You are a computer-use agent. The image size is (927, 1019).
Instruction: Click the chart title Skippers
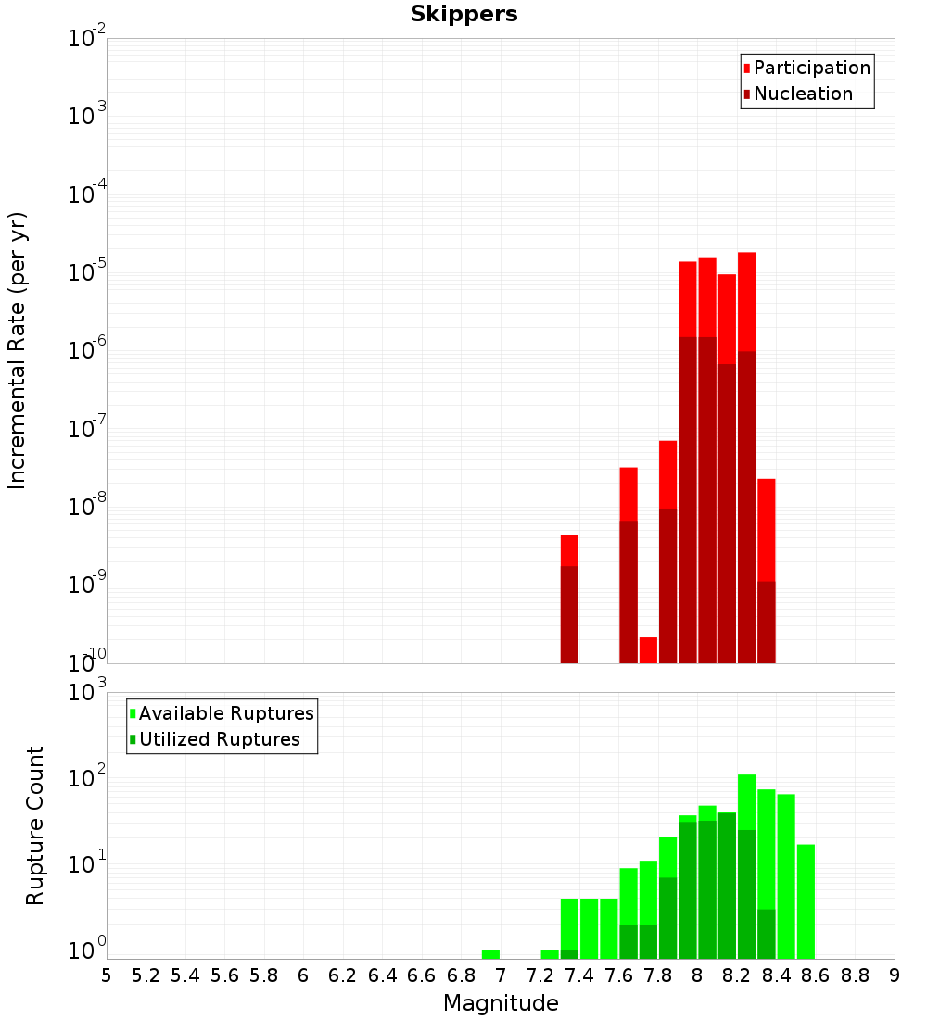point(463,15)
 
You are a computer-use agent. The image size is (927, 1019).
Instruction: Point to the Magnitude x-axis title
point(501,1003)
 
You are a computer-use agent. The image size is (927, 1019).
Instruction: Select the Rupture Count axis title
point(35,825)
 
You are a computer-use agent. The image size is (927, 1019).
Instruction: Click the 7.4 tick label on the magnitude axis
point(579,975)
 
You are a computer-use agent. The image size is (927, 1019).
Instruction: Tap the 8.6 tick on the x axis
point(816,975)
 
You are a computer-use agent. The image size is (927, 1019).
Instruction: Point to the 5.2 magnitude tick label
point(146,975)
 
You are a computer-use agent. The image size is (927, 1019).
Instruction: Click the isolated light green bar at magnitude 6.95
point(490,955)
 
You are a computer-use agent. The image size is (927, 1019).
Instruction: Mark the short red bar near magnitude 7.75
point(648,650)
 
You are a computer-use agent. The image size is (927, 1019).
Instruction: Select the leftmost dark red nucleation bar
point(569,615)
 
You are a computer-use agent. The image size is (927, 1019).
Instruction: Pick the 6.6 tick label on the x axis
point(422,975)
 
